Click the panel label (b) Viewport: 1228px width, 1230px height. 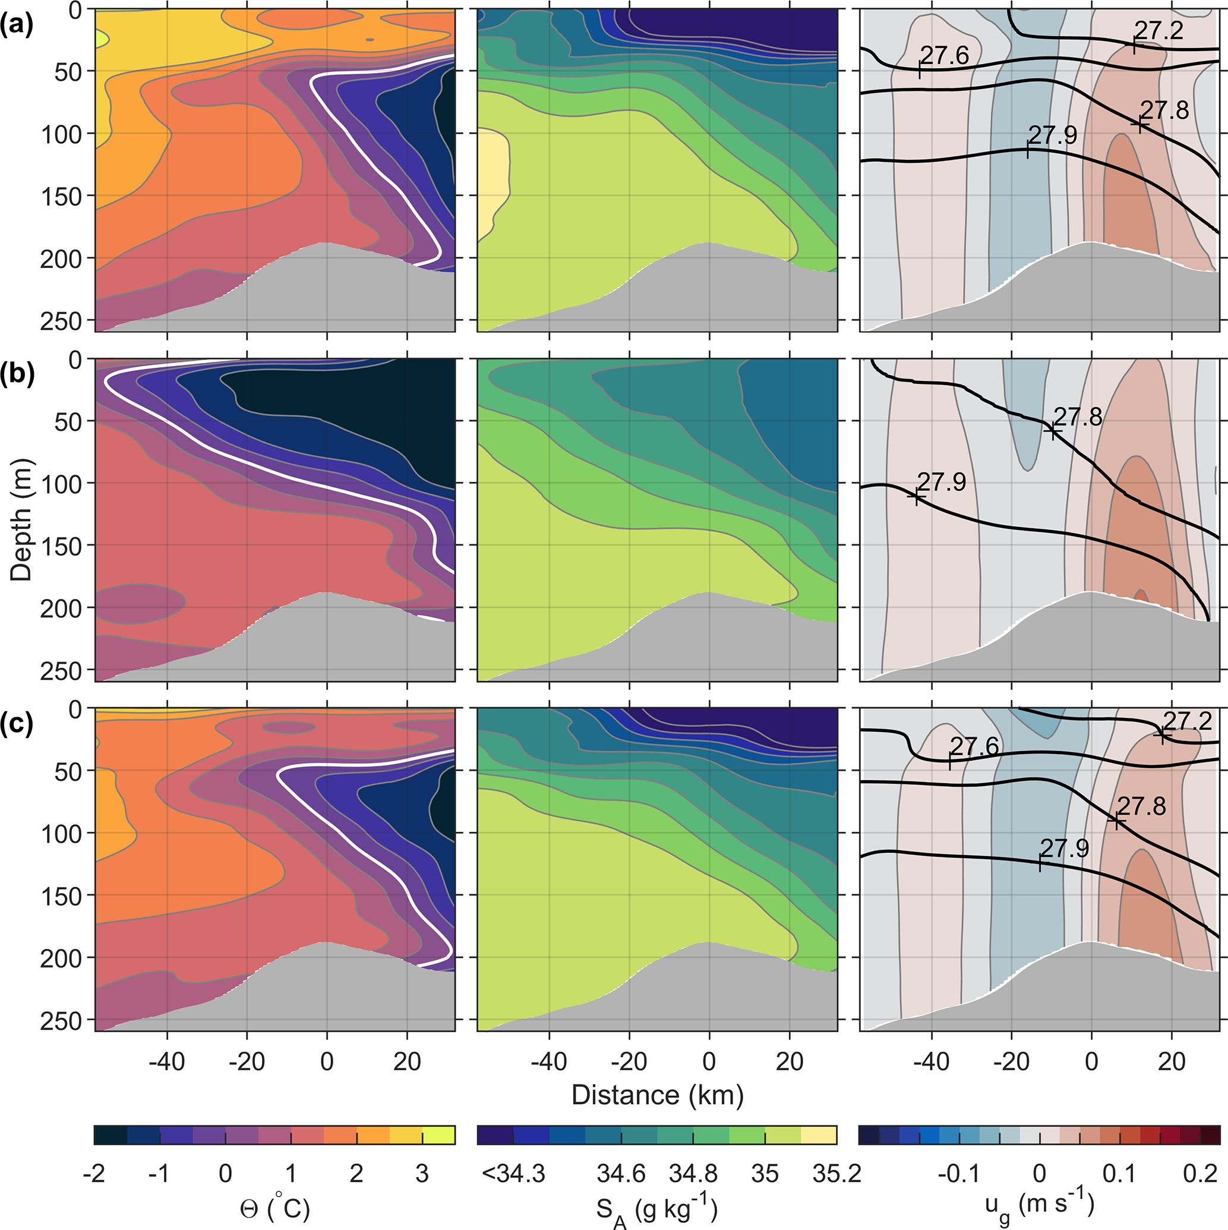(x=17, y=374)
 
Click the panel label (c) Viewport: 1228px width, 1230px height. (x=17, y=724)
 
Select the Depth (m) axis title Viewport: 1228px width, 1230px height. (x=21, y=520)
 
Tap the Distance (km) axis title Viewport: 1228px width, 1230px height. (x=658, y=1095)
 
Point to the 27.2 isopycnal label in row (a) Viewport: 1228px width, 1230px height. (x=1158, y=30)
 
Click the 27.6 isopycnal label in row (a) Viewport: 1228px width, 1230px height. (x=945, y=55)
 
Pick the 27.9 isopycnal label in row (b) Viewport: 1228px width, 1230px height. (x=942, y=482)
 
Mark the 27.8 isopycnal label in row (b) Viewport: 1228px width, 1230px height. (x=1078, y=417)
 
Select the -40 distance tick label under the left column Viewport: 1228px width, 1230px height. (x=167, y=1061)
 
